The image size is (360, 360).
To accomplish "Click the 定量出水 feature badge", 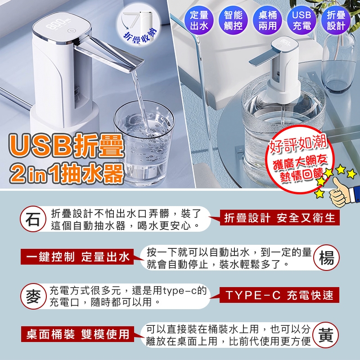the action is [x=199, y=20].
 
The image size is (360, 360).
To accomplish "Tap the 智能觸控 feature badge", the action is [x=233, y=20].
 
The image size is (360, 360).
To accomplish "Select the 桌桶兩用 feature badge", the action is [x=267, y=20].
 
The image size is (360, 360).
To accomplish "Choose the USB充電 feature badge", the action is [x=301, y=20].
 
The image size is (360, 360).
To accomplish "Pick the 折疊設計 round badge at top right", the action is [x=336, y=20].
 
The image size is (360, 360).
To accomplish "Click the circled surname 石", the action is [x=33, y=219].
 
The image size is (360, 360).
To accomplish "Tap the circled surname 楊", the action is [x=327, y=257].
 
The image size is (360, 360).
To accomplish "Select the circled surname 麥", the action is [x=33, y=296].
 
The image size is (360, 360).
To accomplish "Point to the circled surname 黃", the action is [x=326, y=335].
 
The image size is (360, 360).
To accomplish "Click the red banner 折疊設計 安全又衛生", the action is [x=279, y=218].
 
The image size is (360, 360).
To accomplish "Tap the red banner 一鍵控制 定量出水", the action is [x=77, y=256].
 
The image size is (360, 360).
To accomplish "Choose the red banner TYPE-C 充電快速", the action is [x=279, y=295].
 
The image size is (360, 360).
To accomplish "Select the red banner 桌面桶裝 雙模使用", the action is [x=77, y=334].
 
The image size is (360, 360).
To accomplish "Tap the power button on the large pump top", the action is [x=71, y=31].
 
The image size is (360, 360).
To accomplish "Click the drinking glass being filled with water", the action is [x=144, y=142].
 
